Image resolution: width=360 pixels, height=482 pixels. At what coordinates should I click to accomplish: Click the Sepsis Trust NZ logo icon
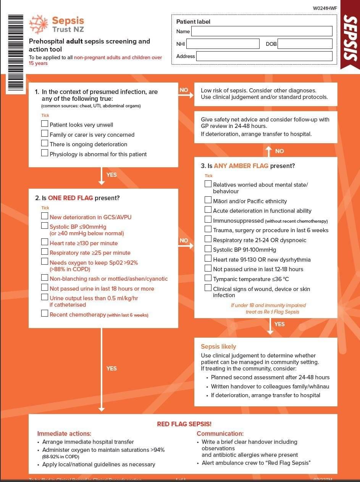pyautogui.click(x=39, y=25)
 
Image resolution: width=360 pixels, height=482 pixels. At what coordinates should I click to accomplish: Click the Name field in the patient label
pyautogui.click(x=262, y=31)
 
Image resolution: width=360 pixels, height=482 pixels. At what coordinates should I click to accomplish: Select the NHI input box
pyautogui.click(x=223, y=44)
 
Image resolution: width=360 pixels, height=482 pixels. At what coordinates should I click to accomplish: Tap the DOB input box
pyautogui.click(x=305, y=44)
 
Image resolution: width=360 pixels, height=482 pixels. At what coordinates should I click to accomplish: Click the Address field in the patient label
pyautogui.click(x=264, y=56)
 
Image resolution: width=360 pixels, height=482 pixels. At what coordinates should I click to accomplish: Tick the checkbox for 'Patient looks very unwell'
pyautogui.click(x=45, y=124)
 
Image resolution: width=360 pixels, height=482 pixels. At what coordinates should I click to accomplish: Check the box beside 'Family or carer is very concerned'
pyautogui.click(x=45, y=134)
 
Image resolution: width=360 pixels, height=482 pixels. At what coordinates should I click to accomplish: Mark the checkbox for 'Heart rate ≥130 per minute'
pyautogui.click(x=45, y=243)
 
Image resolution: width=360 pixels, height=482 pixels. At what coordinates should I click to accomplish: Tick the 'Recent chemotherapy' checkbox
pyautogui.click(x=45, y=314)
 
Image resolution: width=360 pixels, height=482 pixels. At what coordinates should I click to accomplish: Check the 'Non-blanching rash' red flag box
pyautogui.click(x=45, y=278)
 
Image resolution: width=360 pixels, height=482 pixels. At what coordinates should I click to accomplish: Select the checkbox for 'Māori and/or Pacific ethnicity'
pyautogui.click(x=208, y=200)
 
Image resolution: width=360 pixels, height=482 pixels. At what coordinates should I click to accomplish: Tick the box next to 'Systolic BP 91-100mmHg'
pyautogui.click(x=208, y=249)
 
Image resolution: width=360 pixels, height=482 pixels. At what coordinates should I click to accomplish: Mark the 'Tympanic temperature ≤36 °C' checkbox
pyautogui.click(x=208, y=278)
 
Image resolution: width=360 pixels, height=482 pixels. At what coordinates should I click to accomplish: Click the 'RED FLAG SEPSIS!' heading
pyautogui.click(x=184, y=424)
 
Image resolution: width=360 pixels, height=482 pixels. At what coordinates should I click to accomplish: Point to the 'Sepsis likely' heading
pyautogui.click(x=218, y=346)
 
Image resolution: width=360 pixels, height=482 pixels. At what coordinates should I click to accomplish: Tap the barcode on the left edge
pyautogui.click(x=15, y=53)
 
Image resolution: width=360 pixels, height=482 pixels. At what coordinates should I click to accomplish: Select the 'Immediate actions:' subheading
pyautogui.click(x=64, y=433)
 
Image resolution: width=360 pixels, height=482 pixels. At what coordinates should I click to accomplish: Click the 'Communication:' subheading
pyautogui.click(x=220, y=433)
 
